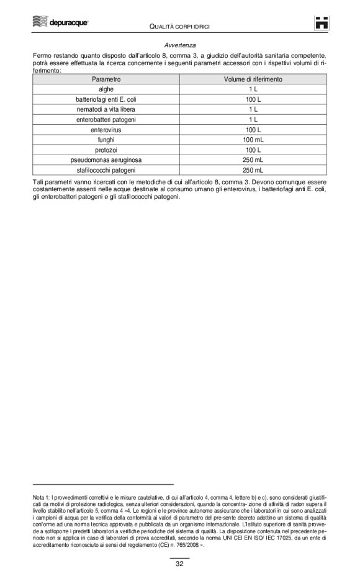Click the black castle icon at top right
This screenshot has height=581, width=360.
pos(321,23)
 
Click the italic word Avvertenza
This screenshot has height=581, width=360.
pos(180,46)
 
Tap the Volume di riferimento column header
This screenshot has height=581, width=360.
pos(253,79)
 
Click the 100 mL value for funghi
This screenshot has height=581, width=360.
pos(253,140)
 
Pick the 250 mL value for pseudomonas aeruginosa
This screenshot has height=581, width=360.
pos(253,160)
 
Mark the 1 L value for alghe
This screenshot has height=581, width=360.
pos(253,89)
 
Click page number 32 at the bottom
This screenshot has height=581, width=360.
pos(179,564)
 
